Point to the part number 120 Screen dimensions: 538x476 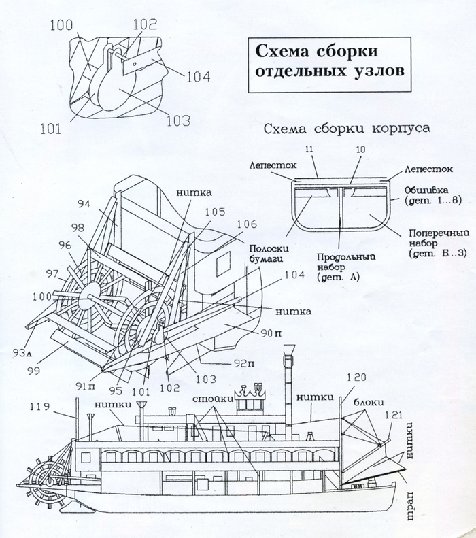pos(356,377)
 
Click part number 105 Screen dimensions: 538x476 pos(215,212)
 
